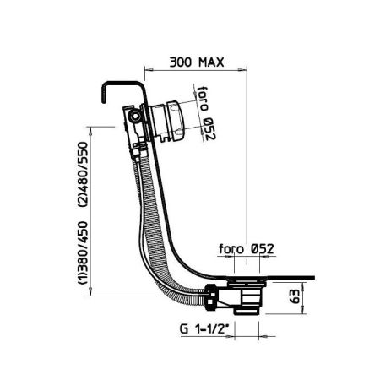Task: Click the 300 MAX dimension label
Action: click(x=197, y=62)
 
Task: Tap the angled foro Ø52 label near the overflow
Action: click(x=206, y=113)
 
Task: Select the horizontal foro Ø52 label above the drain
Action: click(x=246, y=249)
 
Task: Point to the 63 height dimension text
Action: click(x=295, y=296)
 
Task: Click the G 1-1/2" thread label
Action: click(x=203, y=328)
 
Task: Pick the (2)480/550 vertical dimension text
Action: click(x=83, y=175)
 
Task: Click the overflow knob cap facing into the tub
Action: click(x=176, y=121)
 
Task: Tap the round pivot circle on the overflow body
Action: click(x=135, y=116)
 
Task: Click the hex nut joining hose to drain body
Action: click(x=210, y=297)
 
